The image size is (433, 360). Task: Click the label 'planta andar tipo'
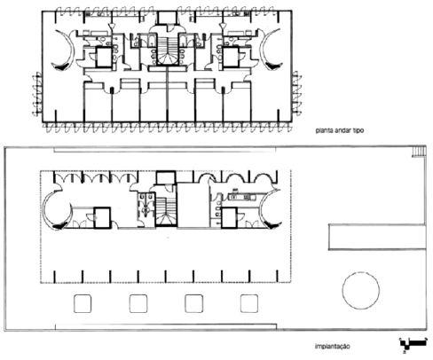coord(340,130)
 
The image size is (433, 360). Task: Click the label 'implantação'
coord(333,346)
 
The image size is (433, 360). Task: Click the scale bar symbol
coord(413,344)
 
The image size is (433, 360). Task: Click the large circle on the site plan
coord(361,291)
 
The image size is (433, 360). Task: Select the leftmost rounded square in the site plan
coord(83,303)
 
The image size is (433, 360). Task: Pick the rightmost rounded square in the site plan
coord(249,303)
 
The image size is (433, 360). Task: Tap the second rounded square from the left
coord(138,303)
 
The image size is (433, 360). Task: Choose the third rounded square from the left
coord(193,303)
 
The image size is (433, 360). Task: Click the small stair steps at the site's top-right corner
coord(419,152)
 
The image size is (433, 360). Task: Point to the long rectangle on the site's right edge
coord(377,237)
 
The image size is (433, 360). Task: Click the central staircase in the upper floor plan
coord(168,51)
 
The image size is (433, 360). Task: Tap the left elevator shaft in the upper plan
coord(104,57)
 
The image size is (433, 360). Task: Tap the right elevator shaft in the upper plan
coord(231,57)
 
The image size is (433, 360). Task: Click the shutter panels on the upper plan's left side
coord(37,94)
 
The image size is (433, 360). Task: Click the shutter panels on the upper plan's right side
coord(296,92)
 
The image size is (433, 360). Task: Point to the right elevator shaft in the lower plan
coord(229,217)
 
